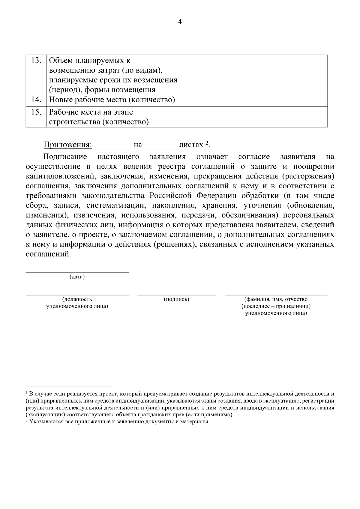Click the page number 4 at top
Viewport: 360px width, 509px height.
180,22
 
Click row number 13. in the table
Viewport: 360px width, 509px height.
36,60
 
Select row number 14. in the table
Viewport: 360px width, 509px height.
36,100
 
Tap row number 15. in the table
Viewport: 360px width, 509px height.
36,112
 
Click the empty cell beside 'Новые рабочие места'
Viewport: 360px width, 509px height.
254,100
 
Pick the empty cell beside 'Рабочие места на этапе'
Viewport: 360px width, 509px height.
254,117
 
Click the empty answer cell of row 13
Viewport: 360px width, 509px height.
254,74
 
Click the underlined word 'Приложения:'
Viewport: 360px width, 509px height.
68,145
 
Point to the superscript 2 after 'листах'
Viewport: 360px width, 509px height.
207,143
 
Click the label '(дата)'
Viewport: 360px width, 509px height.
77,277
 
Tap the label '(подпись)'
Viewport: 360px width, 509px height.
176,299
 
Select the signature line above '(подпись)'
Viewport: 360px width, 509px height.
176,295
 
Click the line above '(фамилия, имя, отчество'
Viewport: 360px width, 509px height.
276,295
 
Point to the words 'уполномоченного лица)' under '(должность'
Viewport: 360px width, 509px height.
77,306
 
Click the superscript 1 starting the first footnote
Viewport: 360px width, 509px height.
27,392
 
